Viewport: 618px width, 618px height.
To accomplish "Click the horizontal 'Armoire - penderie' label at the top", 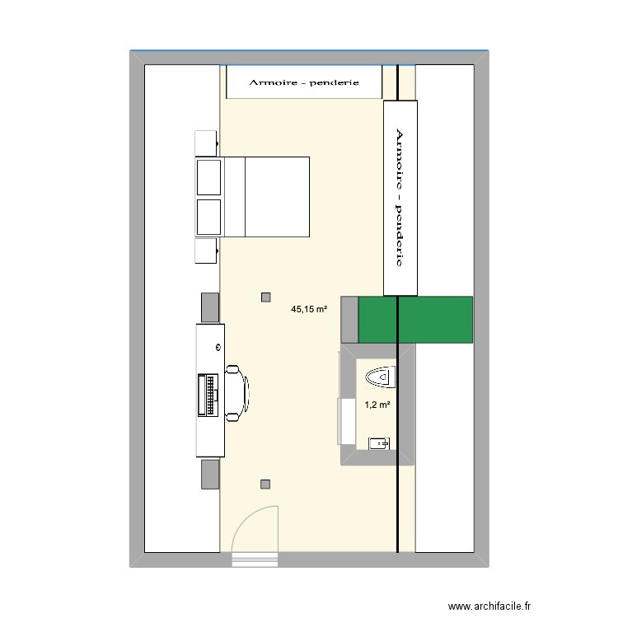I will pyautogui.click(x=305, y=83).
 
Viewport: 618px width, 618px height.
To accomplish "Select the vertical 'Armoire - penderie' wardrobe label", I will pyautogui.click(x=401, y=197).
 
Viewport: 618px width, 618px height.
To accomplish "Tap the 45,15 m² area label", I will pyautogui.click(x=309, y=310).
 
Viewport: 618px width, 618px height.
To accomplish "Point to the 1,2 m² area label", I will pyautogui.click(x=377, y=405).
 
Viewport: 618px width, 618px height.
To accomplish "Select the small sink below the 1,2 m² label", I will pyautogui.click(x=380, y=443).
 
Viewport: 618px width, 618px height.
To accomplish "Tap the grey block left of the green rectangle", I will pyautogui.click(x=349, y=319).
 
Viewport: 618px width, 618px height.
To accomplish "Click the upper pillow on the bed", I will pyautogui.click(x=209, y=177).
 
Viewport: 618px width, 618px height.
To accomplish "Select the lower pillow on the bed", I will pyautogui.click(x=209, y=216).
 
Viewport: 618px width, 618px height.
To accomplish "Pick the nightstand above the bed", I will pyautogui.click(x=206, y=143).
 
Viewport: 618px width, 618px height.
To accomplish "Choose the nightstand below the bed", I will pyautogui.click(x=206, y=251).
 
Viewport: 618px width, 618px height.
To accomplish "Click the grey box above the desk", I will pyautogui.click(x=210, y=307).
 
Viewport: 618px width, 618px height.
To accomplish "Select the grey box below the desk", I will pyautogui.click(x=210, y=474).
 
